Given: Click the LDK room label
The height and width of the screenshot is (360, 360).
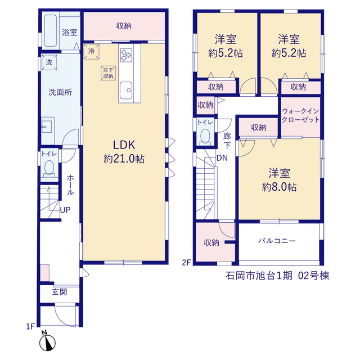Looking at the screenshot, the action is pyautogui.click(x=124, y=145).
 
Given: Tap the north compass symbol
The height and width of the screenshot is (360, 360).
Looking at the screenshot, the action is pyautogui.click(x=47, y=342).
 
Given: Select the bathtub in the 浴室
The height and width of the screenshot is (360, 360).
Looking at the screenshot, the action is pyautogui.click(x=51, y=31).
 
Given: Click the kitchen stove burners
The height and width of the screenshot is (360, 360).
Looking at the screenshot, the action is pyautogui.click(x=126, y=55).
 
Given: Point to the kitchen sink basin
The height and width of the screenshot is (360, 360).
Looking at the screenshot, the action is pyautogui.click(x=126, y=90).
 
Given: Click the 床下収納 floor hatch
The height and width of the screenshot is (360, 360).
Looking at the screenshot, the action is pyautogui.click(x=108, y=73).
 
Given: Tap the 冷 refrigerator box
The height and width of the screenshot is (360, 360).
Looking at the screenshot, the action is pyautogui.click(x=91, y=52).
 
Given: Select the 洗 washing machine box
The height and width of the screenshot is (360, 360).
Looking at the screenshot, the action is pyautogui.click(x=49, y=62).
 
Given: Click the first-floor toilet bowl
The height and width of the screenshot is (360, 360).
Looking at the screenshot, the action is pyautogui.click(x=49, y=168).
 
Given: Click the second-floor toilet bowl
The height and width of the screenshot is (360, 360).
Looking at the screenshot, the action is pyautogui.click(x=205, y=136).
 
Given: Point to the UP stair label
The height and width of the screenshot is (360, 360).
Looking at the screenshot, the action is pyautogui.click(x=65, y=210).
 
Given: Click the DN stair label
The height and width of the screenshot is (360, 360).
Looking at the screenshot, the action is pyautogui.click(x=222, y=158).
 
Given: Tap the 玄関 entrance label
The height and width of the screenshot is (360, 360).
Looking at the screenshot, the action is pyautogui.click(x=59, y=292).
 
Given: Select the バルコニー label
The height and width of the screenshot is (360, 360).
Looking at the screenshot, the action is pyautogui.click(x=277, y=241).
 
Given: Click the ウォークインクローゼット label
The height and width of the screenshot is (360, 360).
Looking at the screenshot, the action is pyautogui.click(x=300, y=115).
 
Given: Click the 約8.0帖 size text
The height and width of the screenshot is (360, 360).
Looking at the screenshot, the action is pyautogui.click(x=279, y=187).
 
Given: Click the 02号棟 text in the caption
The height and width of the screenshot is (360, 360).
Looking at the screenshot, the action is pyautogui.click(x=314, y=276).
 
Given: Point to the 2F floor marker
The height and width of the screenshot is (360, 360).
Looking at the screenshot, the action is pyautogui.click(x=186, y=262).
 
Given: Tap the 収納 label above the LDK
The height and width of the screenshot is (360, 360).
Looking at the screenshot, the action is pyautogui.click(x=124, y=26).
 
